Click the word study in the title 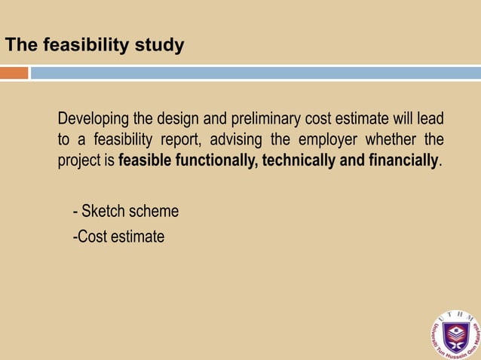(x=159, y=45)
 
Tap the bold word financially (x=402, y=160)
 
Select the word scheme (x=154, y=212)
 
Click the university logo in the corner (x=455, y=334)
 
